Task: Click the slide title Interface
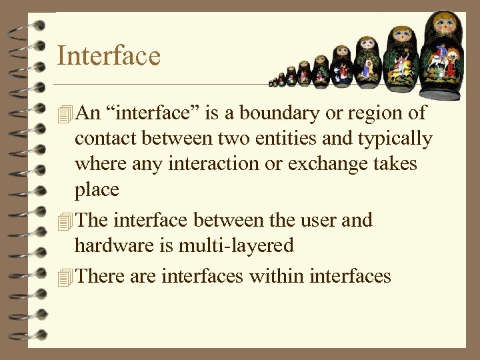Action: coord(109,55)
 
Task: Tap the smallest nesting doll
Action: coord(272,83)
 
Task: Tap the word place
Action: coord(97,190)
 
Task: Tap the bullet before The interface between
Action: coord(64,221)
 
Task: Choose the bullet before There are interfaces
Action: coord(64,276)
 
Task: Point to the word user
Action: coord(312,219)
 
